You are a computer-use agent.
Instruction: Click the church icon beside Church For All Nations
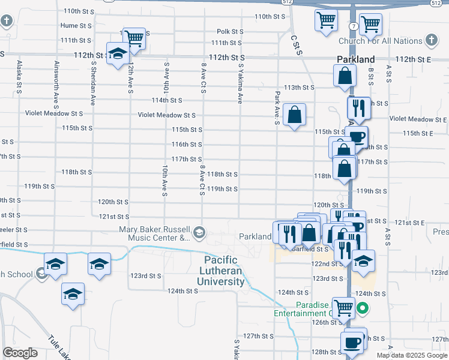(x=430, y=40)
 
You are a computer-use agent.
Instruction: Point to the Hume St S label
(x=76, y=26)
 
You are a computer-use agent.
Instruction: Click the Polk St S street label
(x=230, y=31)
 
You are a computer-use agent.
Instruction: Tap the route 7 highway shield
(x=355, y=28)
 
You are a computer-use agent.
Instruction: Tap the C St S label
(x=295, y=45)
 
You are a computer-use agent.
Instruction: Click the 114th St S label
(x=167, y=100)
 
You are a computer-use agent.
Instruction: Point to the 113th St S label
(x=299, y=87)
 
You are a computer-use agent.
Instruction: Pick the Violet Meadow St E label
(x=419, y=119)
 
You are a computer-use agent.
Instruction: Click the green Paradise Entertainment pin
(x=363, y=309)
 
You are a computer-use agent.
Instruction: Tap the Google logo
(x=20, y=353)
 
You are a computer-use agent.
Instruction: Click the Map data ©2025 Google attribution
(x=411, y=355)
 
